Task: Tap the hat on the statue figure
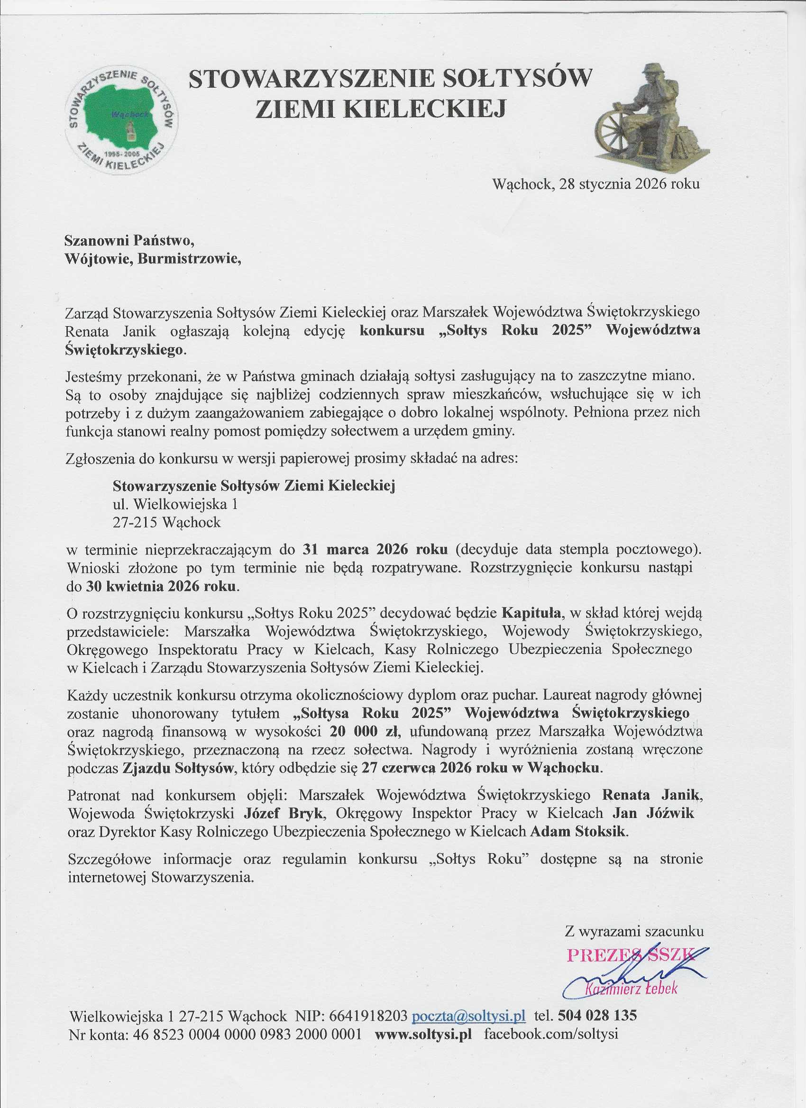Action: (x=655, y=70)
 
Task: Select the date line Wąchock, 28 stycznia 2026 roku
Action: (x=596, y=184)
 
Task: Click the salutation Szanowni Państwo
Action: (x=130, y=240)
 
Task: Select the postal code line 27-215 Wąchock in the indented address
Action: (x=167, y=522)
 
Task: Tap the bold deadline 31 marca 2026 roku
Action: (x=376, y=549)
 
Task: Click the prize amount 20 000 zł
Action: (x=366, y=731)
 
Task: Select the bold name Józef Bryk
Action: (x=283, y=813)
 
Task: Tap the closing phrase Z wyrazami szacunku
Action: (x=634, y=931)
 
